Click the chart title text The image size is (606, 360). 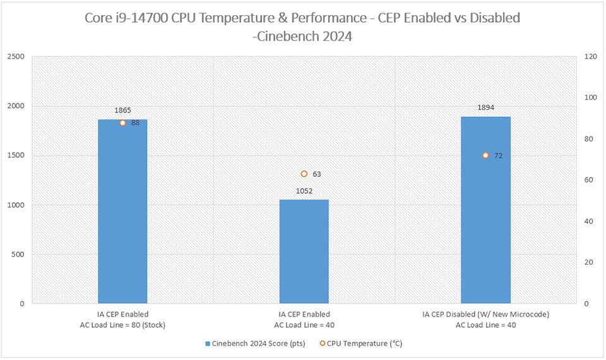tap(302, 27)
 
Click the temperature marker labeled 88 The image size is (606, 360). tap(122, 123)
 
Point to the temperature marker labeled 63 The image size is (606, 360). tap(304, 174)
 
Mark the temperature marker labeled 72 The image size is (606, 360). tap(485, 155)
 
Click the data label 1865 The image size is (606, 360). tap(122, 110)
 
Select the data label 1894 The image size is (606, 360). tap(485, 107)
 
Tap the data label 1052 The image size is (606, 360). tap(304, 190)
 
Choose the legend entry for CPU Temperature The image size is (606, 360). tap(360, 344)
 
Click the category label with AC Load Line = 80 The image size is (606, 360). tap(122, 320)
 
